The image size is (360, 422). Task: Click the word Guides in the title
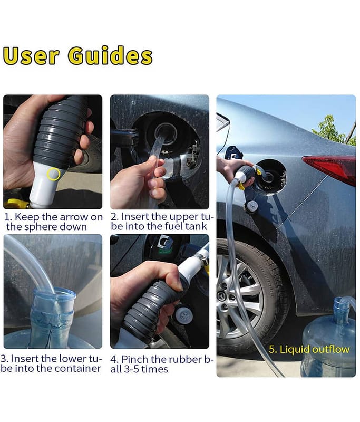110,55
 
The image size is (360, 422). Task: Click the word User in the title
31,56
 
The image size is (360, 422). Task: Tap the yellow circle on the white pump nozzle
53,174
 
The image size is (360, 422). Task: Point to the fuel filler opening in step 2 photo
166,134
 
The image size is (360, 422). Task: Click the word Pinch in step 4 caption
135,359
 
